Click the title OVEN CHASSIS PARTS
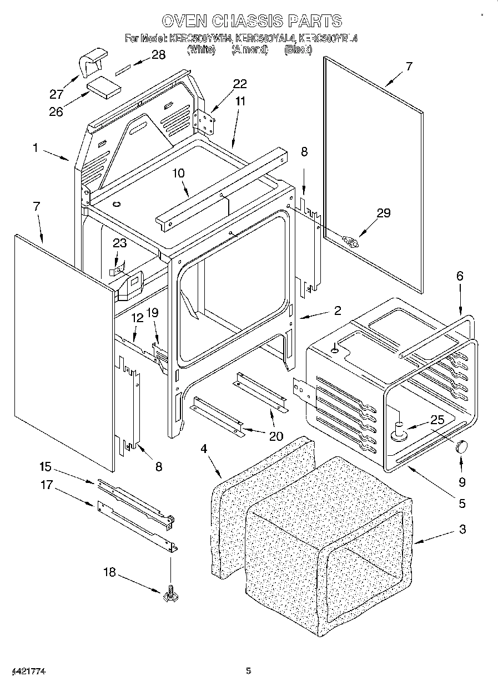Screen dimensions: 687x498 pyautogui.click(x=251, y=21)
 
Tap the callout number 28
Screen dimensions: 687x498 pyautogui.click(x=158, y=55)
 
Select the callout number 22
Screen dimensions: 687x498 pyautogui.click(x=240, y=84)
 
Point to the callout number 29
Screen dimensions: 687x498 pyautogui.click(x=383, y=213)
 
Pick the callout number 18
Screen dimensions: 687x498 pyautogui.click(x=110, y=572)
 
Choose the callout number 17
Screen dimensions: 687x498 pyautogui.click(x=46, y=485)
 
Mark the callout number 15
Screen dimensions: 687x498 pyautogui.click(x=46, y=466)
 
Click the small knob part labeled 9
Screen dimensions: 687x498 pyautogui.click(x=462, y=446)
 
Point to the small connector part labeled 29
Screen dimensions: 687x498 pyautogui.click(x=351, y=241)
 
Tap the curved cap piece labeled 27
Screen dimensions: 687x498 pyautogui.click(x=92, y=62)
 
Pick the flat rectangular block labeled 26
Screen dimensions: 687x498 pyautogui.click(x=103, y=88)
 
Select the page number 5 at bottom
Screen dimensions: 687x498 pyautogui.click(x=249, y=671)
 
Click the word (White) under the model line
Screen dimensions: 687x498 pyautogui.click(x=201, y=50)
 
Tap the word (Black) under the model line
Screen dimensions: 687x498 pyautogui.click(x=298, y=50)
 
